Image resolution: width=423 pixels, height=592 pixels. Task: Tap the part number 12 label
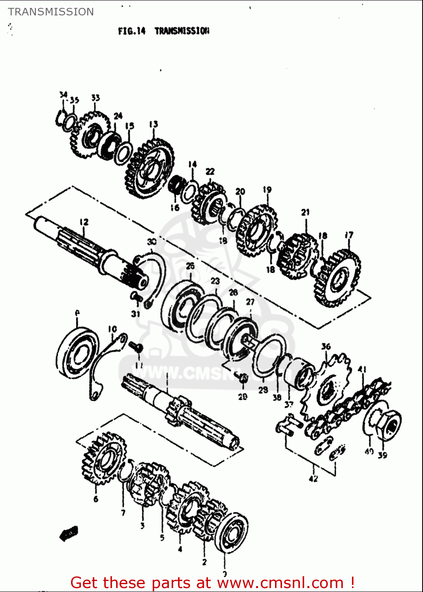tap(84, 222)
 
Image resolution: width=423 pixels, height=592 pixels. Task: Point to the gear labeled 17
tap(338, 278)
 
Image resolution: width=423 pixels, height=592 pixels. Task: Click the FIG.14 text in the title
tap(132, 31)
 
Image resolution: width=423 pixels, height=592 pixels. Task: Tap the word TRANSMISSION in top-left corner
tap(51, 12)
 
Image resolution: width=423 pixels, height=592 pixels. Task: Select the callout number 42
tap(313, 479)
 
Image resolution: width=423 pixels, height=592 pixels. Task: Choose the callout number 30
tap(152, 242)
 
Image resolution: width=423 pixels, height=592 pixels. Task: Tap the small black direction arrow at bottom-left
tap(69, 534)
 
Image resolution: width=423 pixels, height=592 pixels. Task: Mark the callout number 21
tap(305, 212)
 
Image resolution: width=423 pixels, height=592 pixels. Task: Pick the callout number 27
tap(250, 302)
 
